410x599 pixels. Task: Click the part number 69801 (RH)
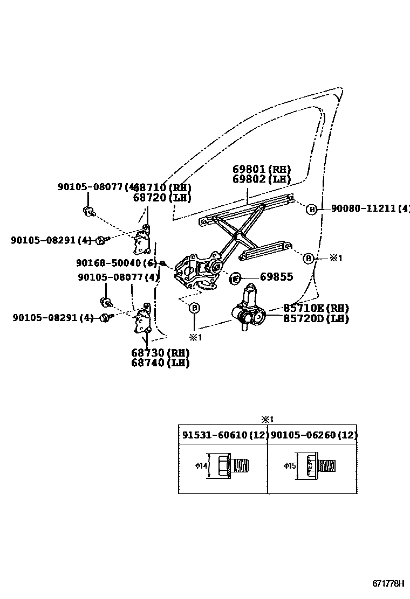click(x=262, y=169)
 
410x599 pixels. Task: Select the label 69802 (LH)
click(x=262, y=179)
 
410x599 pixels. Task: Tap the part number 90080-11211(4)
click(x=370, y=208)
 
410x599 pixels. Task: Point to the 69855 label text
click(x=276, y=277)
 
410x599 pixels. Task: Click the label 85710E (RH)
click(x=316, y=308)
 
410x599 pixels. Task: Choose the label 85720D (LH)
click(x=316, y=318)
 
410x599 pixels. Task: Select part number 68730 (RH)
click(x=160, y=353)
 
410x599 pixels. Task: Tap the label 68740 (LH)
click(x=160, y=363)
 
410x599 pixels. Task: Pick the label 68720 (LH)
click(x=162, y=198)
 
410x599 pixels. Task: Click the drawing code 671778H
click(x=389, y=584)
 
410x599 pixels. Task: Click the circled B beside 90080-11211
click(x=311, y=209)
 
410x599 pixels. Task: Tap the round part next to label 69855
click(x=236, y=278)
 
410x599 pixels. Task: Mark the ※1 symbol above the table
click(x=268, y=419)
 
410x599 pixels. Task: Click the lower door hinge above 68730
click(x=143, y=321)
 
